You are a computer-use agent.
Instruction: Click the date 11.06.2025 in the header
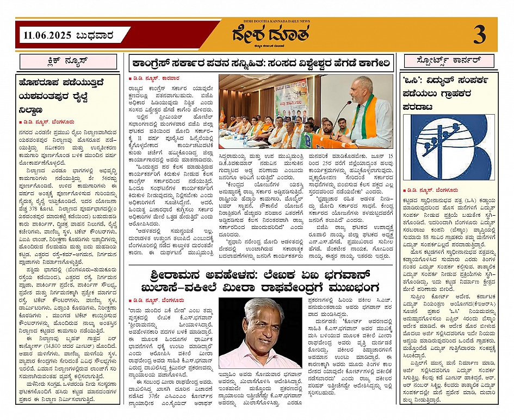pos(48,36)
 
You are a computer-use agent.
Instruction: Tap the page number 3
pos(479,35)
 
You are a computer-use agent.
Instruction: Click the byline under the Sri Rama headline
pos(158,299)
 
